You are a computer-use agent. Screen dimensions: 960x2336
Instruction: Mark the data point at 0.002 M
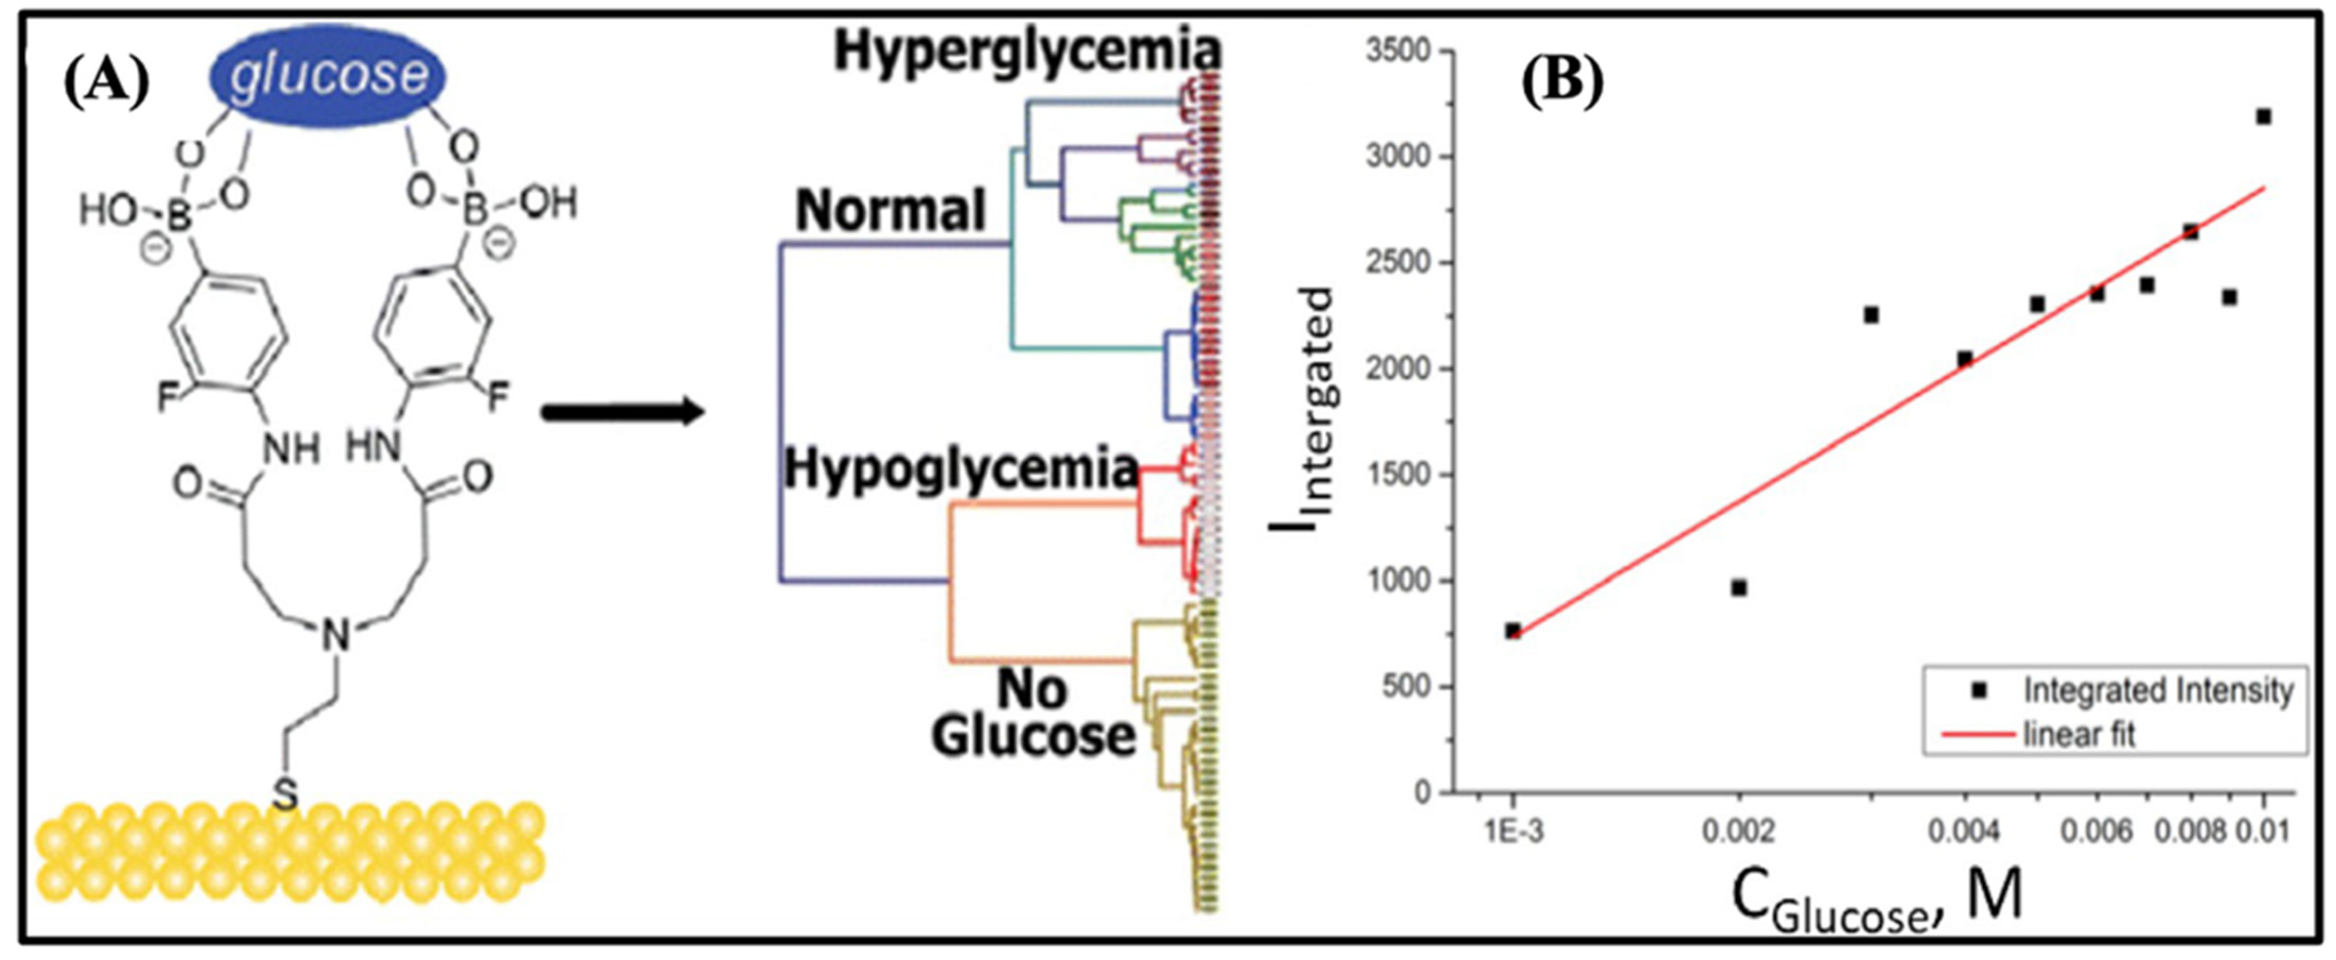(x=1738, y=589)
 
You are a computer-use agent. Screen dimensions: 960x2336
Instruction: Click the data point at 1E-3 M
(x=1513, y=631)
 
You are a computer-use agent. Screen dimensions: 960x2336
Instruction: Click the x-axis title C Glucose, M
(x=1877, y=906)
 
